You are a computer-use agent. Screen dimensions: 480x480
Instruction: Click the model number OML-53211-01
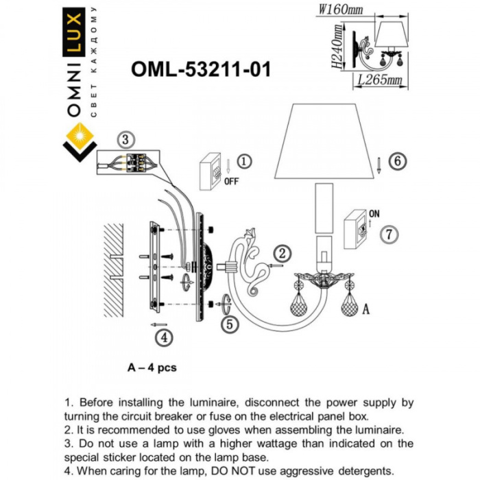coord(200,69)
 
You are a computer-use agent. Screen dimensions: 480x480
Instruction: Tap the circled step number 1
coord(245,162)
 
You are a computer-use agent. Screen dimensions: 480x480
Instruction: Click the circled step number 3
coord(123,140)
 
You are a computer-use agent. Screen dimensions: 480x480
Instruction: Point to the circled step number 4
coord(163,337)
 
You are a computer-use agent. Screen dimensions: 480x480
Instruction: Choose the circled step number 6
coord(396,162)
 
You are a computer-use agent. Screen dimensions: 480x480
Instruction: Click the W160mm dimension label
coord(341,9)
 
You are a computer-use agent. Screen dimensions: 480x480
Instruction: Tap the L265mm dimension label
coord(379,80)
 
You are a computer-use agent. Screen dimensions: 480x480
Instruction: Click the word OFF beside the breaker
coord(232,182)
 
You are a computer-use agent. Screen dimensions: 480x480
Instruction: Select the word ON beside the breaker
coord(374,214)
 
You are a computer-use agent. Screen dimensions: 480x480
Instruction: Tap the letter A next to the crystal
coord(365,309)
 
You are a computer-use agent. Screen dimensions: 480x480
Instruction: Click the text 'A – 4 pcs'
coord(152,368)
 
